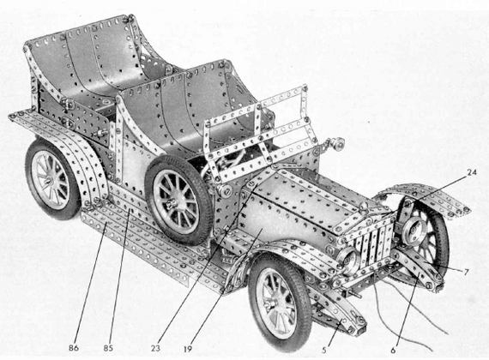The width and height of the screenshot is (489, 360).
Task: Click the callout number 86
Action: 74,347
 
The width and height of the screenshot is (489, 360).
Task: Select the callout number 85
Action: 108,347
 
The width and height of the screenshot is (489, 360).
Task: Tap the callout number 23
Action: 155,348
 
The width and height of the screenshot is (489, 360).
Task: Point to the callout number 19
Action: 187,349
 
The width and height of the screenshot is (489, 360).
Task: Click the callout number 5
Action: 324,350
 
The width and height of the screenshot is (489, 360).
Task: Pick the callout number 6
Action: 393,350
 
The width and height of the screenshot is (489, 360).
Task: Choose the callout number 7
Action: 466,272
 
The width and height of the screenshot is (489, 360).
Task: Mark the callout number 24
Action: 472,172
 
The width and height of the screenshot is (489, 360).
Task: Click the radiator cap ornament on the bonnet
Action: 365,207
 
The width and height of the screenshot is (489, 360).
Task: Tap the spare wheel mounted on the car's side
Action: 178,201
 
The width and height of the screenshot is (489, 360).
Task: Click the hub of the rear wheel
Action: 48,180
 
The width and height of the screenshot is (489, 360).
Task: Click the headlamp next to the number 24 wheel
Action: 413,230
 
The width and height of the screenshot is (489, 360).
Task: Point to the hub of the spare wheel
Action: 171,205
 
